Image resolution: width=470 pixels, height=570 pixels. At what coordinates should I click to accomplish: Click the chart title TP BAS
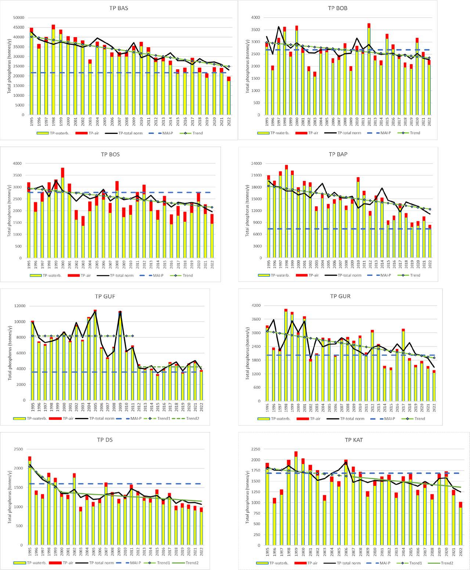pyautogui.click(x=119, y=8)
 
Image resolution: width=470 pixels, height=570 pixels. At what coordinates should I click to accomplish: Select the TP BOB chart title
pyautogui.click(x=337, y=8)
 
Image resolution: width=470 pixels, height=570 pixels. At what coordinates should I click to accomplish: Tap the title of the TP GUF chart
pyautogui.click(x=105, y=297)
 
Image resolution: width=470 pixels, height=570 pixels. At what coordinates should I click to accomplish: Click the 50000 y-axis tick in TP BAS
pyautogui.click(x=18, y=18)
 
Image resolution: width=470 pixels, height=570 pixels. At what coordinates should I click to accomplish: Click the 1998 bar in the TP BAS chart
pyautogui.click(x=53, y=70)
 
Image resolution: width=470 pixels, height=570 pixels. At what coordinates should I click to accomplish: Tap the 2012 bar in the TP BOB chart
pyautogui.click(x=369, y=70)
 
